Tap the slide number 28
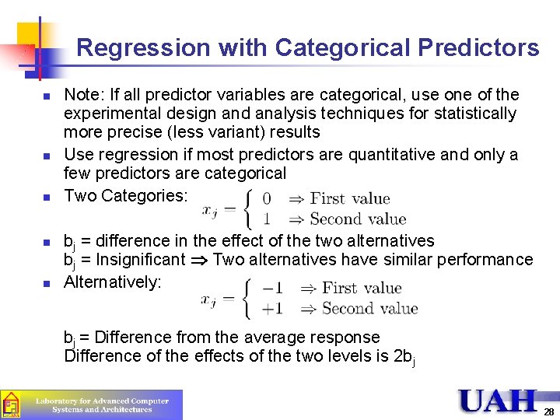tap(548, 411)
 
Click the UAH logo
tap(498, 401)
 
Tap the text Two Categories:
tap(125, 196)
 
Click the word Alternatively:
tap(112, 282)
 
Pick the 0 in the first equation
tap(268, 198)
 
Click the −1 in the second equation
tap(272, 289)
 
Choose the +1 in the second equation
tap(272, 309)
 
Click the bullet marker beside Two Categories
tap(46, 198)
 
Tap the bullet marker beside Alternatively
tap(46, 284)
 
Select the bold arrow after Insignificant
tap(199, 260)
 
